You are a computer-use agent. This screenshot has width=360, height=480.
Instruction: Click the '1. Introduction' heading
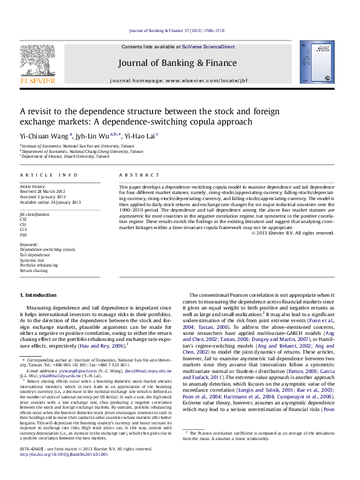pos(39,295)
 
